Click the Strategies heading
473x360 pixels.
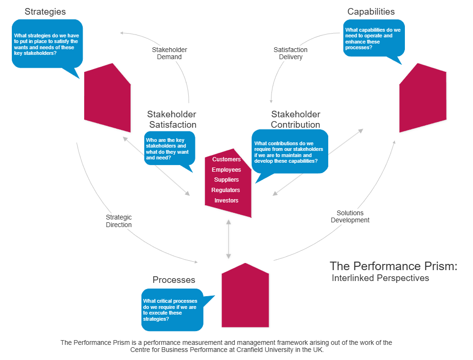tap(45, 11)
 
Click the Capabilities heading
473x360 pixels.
tap(371, 11)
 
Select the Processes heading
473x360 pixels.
tap(174, 280)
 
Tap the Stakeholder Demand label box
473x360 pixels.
tap(169, 53)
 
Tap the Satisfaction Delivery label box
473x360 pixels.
tap(290, 53)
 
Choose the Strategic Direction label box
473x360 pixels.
tap(119, 221)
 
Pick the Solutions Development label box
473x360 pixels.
tap(350, 216)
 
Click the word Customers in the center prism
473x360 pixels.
tap(227, 159)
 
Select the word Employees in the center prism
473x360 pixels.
tap(227, 170)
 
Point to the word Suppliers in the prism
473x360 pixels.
tap(227, 180)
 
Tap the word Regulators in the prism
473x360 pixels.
tap(226, 190)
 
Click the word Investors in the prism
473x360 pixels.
tap(227, 201)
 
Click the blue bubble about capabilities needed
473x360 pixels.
tap(373, 38)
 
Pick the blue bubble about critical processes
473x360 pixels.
tap(172, 310)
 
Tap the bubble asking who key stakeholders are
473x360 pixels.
tap(169, 149)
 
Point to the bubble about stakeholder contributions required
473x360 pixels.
tap(289, 152)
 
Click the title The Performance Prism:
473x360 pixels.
tap(393, 266)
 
